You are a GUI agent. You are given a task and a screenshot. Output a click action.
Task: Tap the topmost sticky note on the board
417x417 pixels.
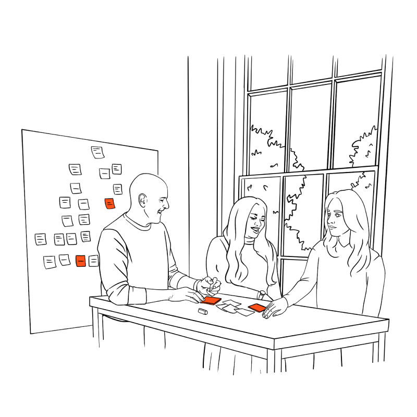coord(98,152)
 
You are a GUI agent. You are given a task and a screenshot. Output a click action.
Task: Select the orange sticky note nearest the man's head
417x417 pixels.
coord(109,203)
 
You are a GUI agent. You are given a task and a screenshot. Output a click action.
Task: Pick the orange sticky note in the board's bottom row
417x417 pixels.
coord(80,261)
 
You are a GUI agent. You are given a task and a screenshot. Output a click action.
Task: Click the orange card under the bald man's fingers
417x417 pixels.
coord(211,300)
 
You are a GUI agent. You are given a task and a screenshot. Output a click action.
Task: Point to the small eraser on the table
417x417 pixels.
coord(203,311)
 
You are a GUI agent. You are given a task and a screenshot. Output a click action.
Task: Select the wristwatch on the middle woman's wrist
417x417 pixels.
coord(261,296)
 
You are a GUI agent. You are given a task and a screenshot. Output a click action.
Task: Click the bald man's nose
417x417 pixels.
coord(167,205)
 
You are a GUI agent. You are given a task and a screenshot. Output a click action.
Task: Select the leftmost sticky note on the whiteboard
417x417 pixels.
coord(41,239)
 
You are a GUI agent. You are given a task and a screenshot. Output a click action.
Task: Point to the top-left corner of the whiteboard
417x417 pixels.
coord(22,130)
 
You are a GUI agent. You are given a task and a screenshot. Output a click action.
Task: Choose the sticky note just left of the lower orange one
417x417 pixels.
coord(65,260)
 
